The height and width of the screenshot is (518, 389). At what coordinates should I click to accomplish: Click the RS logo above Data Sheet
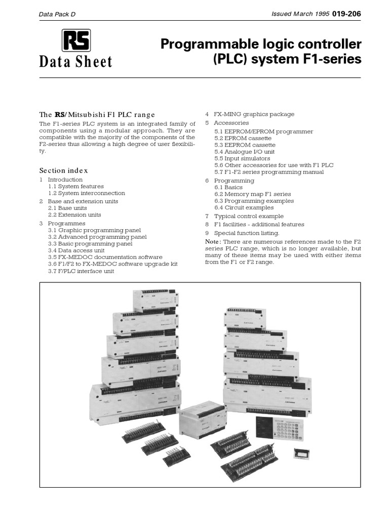click(x=76, y=40)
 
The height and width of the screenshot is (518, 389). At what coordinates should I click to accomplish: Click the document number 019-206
click(x=346, y=14)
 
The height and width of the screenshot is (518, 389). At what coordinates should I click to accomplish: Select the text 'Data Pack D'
click(x=57, y=15)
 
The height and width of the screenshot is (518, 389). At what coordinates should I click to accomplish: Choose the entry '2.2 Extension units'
click(x=74, y=214)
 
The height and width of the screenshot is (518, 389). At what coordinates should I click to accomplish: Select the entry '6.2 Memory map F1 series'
click(x=251, y=194)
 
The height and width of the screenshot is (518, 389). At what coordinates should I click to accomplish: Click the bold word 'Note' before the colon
click(x=212, y=241)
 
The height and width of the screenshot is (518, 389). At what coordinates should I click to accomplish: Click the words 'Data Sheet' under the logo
click(x=75, y=62)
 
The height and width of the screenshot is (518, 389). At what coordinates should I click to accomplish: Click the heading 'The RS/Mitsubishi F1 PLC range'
click(x=97, y=114)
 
